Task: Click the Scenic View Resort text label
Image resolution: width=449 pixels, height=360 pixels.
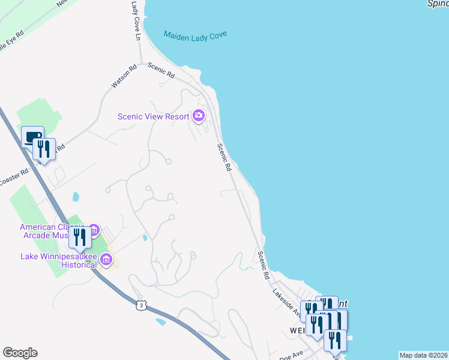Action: click(153, 116)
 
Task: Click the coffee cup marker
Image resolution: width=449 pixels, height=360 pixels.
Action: click(32, 136)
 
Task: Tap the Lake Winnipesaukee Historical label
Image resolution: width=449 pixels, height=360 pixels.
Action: click(58, 260)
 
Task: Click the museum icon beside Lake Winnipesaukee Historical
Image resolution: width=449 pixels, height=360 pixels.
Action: click(106, 260)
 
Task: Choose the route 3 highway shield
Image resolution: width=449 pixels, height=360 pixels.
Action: click(140, 305)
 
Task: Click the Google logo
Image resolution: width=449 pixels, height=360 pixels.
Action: click(20, 353)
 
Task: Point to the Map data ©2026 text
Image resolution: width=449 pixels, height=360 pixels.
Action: click(423, 355)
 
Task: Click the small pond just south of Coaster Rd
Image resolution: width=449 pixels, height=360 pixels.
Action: click(75, 196)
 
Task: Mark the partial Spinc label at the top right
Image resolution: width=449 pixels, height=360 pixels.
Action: click(438, 4)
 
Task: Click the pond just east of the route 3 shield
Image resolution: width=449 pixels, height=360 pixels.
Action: click(160, 322)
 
